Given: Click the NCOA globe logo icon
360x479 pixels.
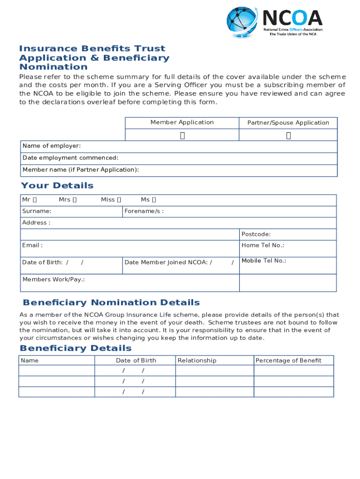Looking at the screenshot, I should (x=242, y=22).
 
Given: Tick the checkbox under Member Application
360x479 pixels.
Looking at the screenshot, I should (x=182, y=136).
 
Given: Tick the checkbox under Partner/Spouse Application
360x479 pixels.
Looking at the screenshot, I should (x=288, y=136).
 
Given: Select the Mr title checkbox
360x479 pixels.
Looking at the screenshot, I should (x=35, y=200).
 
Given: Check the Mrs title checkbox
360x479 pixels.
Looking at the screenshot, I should (x=75, y=200).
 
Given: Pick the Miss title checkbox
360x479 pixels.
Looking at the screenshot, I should (x=119, y=200).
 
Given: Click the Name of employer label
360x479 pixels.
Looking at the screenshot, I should (x=51, y=146).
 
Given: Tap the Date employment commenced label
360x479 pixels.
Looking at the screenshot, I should (x=70, y=158).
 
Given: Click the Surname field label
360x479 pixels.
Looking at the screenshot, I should (x=37, y=211).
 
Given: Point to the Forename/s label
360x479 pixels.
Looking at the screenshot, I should (x=144, y=211).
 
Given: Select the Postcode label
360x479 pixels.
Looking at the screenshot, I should (x=256, y=234).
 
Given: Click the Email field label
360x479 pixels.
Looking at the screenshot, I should (x=32, y=246).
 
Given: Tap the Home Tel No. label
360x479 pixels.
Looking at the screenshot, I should (x=263, y=246).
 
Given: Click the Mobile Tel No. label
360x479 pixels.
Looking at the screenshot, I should (x=264, y=261).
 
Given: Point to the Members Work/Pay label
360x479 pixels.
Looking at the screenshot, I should (x=54, y=280).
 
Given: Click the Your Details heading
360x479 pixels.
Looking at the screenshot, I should (x=57, y=186).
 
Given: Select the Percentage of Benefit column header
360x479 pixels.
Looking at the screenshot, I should (x=288, y=361).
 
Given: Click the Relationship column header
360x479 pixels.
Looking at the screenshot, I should (x=197, y=361).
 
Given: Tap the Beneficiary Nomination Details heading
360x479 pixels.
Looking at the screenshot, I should (x=111, y=303).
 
